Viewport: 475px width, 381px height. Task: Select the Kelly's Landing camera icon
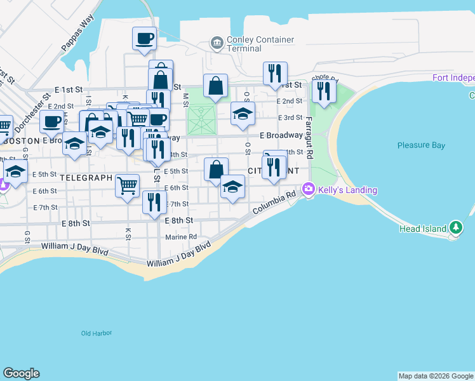point(309,189)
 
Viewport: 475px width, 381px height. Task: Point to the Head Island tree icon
point(455,227)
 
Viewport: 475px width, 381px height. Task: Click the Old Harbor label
point(97,333)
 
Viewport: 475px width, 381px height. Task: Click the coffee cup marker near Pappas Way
point(144,38)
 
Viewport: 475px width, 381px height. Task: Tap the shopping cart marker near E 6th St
point(127,185)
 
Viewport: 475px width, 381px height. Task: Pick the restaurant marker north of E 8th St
point(154,203)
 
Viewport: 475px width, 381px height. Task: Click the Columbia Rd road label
point(274,203)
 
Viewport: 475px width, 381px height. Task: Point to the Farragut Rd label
point(309,137)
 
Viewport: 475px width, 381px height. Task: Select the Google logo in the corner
point(21,373)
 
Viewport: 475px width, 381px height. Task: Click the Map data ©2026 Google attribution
point(436,376)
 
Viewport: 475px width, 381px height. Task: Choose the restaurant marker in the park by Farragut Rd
point(324,91)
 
